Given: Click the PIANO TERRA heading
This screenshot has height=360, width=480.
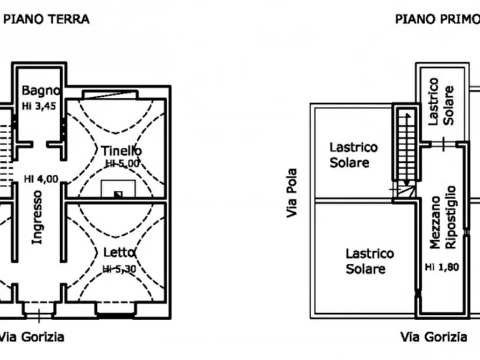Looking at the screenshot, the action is (46, 19).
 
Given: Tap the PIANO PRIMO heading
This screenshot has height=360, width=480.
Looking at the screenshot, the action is (438, 19).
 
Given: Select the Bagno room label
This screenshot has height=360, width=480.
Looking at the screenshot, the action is (41, 91).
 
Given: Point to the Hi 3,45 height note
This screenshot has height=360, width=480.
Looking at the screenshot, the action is (39, 106).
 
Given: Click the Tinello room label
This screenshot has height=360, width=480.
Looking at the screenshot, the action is (121, 151).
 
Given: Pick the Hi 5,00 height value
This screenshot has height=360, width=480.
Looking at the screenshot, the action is (123, 163).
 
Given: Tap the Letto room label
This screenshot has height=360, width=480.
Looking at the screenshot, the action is (119, 253).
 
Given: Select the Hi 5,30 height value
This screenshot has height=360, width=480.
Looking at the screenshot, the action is (119, 269).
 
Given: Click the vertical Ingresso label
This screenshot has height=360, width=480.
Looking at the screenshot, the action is (37, 218).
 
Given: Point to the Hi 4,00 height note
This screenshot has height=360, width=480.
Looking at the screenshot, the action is (41, 179).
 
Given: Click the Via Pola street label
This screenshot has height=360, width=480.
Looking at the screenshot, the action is (292, 193).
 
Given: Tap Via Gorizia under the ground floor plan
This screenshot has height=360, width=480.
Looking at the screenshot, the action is (32, 337).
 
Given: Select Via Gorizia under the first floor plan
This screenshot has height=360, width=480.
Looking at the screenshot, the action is (434, 337).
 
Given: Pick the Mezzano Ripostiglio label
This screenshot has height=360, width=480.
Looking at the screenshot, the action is (443, 218).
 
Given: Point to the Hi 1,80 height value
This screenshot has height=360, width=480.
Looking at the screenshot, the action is (442, 267).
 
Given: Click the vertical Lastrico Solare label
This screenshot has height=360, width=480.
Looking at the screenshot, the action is (441, 102).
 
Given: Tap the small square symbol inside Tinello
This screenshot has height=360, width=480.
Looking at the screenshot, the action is (118, 194).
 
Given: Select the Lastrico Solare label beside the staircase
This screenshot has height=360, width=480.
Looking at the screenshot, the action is (354, 155).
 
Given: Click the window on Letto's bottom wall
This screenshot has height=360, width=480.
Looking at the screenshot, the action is (116, 308).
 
